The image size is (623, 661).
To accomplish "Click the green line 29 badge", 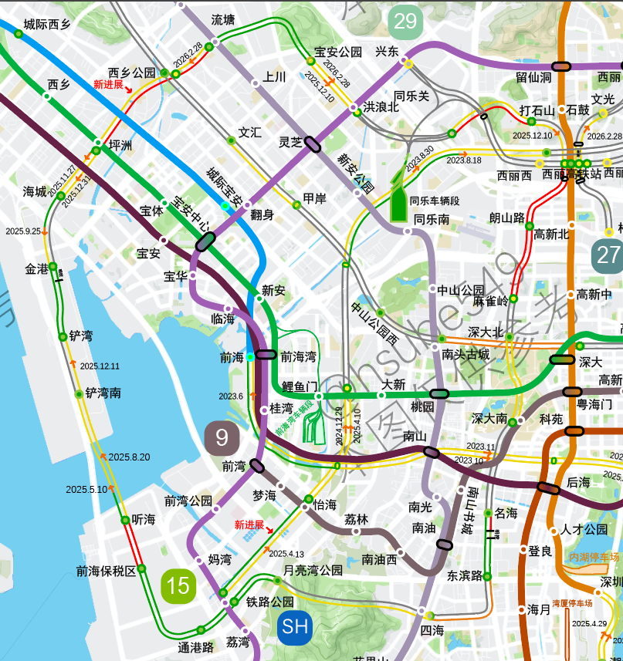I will pos(405,22).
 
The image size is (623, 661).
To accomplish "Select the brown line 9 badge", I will pos(222,438).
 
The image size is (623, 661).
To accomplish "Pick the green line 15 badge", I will pos(178,585).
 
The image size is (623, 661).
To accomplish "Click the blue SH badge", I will pos(295,626).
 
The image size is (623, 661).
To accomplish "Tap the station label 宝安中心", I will pos(190,215).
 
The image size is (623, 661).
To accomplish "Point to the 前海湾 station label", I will pos(298,356).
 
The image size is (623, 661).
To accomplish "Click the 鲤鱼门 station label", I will pos(300,386).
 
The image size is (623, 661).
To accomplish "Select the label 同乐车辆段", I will pos(435,201).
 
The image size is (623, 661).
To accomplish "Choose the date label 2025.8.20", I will pos(129,457).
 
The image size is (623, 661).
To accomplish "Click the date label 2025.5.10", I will pos(86,489).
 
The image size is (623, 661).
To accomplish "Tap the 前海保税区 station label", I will pos(106,571).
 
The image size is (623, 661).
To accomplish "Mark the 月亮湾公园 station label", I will pos(313,571).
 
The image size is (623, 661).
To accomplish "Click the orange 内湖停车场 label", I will pos(594,557).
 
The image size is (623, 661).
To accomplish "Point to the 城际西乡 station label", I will pos(47,24).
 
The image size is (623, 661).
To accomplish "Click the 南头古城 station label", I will pos(466,354).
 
